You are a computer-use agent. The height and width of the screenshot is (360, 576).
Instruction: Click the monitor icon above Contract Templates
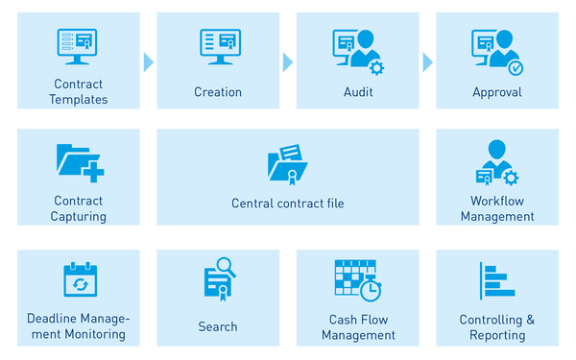click(x=77, y=46)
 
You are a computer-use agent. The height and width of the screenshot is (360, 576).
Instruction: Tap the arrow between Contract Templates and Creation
click(x=149, y=62)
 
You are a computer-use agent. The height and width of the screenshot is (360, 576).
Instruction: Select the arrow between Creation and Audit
click(x=288, y=62)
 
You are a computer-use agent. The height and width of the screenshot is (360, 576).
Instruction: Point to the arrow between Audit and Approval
click(x=427, y=62)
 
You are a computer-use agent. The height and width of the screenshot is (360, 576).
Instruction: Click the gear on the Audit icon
click(x=376, y=68)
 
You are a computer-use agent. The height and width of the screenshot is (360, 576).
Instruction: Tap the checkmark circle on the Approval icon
click(x=516, y=68)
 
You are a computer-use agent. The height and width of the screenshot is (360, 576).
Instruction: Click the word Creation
click(x=218, y=92)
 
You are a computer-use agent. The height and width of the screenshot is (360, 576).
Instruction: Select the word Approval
click(x=497, y=92)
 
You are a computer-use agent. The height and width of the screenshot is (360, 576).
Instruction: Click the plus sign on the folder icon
click(x=93, y=172)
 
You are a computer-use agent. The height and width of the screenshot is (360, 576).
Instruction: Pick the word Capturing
click(x=79, y=217)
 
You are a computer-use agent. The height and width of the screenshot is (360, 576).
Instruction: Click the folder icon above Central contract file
click(x=288, y=164)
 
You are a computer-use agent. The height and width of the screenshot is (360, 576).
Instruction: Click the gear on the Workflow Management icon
click(x=511, y=179)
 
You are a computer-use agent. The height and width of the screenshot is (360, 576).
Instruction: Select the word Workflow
click(x=497, y=201)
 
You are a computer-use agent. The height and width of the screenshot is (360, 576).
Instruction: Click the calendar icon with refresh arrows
click(x=80, y=279)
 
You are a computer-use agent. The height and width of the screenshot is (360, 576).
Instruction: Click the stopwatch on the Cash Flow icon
click(x=371, y=289)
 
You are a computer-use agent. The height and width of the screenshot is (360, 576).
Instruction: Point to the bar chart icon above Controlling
click(x=497, y=280)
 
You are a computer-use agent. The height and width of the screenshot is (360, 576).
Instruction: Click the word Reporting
click(x=497, y=335)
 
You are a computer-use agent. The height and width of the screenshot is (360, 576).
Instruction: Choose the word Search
click(x=218, y=326)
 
